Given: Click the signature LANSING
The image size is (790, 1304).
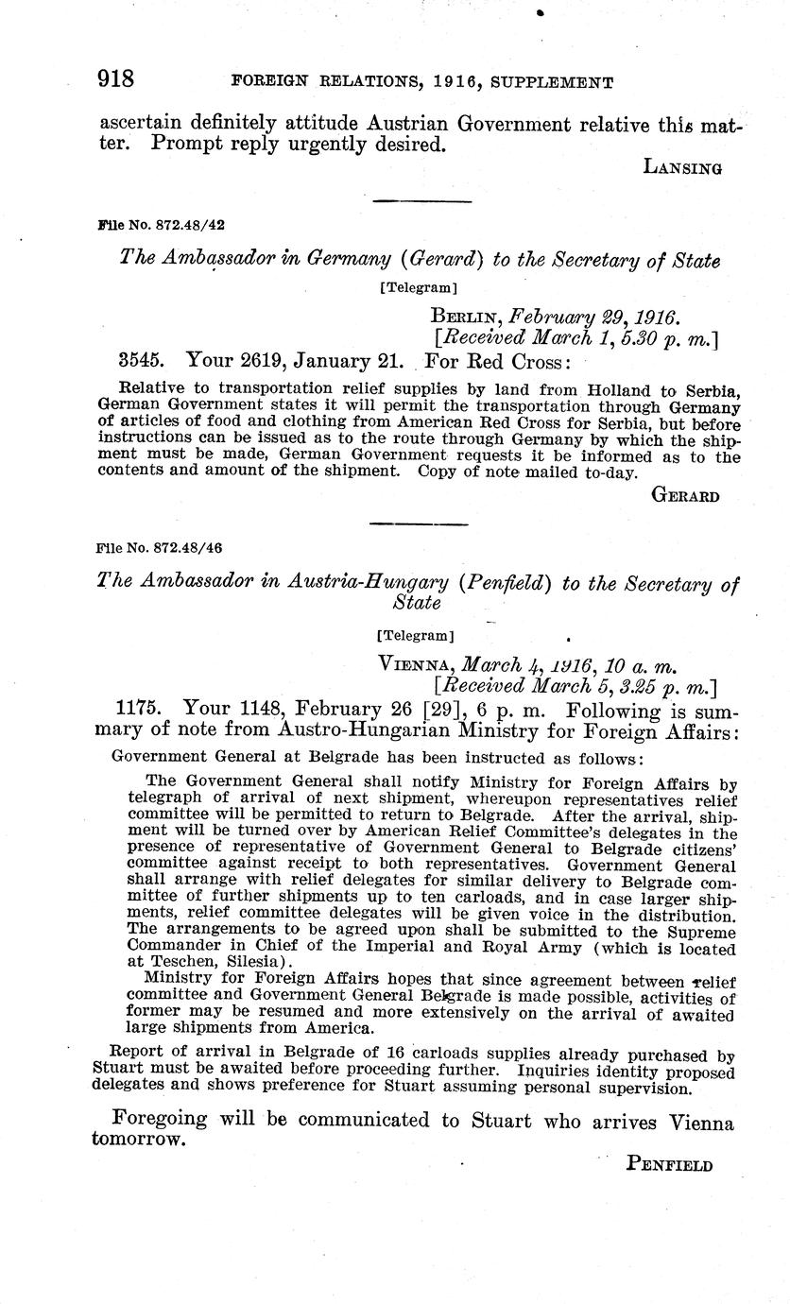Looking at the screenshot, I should pyautogui.click(x=682, y=168).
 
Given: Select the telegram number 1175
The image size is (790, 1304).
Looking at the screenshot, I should pyautogui.click(x=139, y=711).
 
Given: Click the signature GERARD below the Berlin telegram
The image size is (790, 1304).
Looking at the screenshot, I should pyautogui.click(x=686, y=496).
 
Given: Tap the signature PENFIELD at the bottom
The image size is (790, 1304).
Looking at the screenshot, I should pyautogui.click(x=669, y=1165).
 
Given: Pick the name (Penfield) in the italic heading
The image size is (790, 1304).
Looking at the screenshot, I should pyautogui.click(x=506, y=583).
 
